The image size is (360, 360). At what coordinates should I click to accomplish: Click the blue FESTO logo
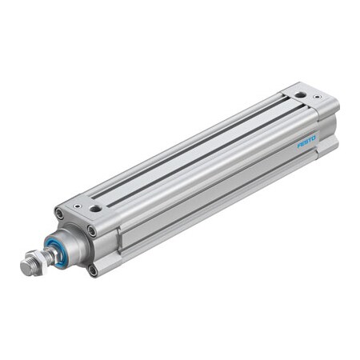[x=306, y=142]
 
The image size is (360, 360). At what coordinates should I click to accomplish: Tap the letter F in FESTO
[x=299, y=146]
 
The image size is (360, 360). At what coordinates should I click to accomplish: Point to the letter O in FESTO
[x=314, y=138]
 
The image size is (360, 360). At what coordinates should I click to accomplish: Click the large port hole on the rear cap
[x=298, y=94]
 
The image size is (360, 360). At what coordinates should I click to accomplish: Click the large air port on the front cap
[x=96, y=208]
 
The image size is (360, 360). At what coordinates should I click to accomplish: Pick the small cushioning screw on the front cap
[x=77, y=205]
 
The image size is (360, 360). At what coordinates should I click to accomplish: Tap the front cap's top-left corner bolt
[x=58, y=213]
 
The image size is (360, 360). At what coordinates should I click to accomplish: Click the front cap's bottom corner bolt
[x=93, y=270]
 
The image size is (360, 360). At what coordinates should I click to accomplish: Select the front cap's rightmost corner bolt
[x=91, y=231]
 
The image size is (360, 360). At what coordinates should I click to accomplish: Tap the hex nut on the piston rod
[x=34, y=262]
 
